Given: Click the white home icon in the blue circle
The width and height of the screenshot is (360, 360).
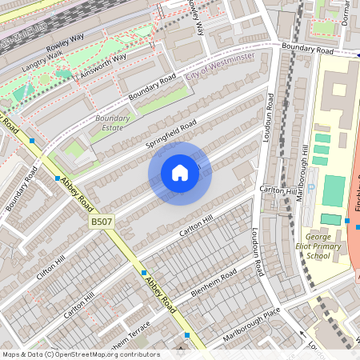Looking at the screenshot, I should (180, 173).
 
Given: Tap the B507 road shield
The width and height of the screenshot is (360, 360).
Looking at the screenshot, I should (100, 219).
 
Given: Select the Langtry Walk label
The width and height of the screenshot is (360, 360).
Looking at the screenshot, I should (42, 62).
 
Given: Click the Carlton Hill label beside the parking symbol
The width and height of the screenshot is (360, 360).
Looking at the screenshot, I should (278, 190).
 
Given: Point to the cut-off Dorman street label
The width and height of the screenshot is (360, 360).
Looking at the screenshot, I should (346, 12).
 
